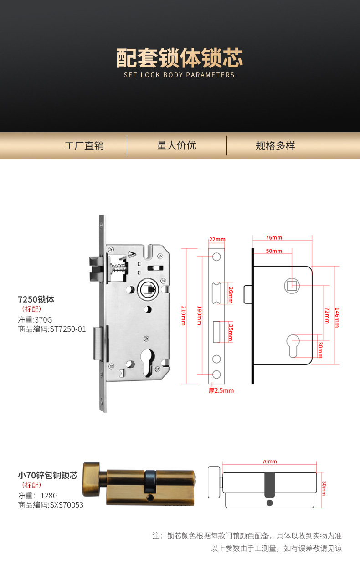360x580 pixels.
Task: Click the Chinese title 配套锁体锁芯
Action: pyautogui.click(x=180, y=58)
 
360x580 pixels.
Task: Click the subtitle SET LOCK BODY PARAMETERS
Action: pyautogui.click(x=179, y=75)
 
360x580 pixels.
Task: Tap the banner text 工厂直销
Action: pyautogui.click(x=84, y=146)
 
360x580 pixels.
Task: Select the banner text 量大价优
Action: pyautogui.click(x=176, y=145)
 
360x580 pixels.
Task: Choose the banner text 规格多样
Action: pyautogui.click(x=275, y=146)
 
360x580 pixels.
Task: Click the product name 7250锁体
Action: pyautogui.click(x=36, y=299)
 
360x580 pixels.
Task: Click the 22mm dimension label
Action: pyautogui.click(x=217, y=240)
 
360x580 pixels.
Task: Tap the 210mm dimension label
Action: pyautogui.click(x=184, y=315)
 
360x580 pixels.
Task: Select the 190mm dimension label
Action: pyautogui.click(x=199, y=315)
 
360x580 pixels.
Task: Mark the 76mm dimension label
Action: pyautogui.click(x=273, y=237)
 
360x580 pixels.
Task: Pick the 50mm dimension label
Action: pyautogui.click(x=273, y=251)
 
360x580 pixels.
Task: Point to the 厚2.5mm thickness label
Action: pyautogui.click(x=221, y=390)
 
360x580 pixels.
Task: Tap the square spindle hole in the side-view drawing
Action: pyautogui.click(x=292, y=286)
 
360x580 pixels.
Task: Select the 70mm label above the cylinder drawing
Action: pyautogui.click(x=269, y=462)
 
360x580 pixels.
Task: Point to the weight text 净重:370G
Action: pyautogui.click(x=35, y=320)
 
